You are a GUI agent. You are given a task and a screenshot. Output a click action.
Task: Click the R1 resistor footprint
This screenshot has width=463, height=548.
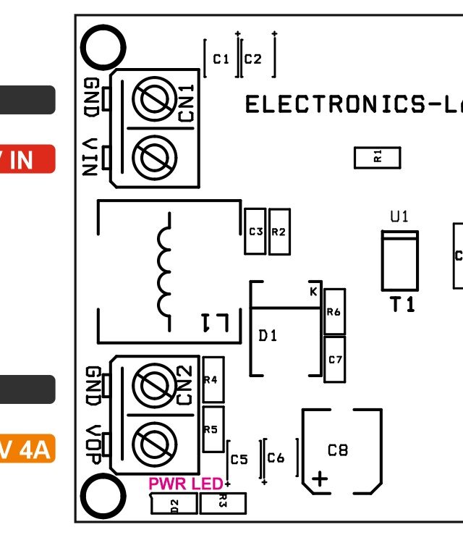pyautogui.click(x=377, y=158)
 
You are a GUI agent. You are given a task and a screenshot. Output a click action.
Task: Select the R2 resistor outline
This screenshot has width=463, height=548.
pyautogui.click(x=279, y=232)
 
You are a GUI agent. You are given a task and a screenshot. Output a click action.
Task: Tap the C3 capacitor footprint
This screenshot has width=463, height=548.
pyautogui.click(x=255, y=232)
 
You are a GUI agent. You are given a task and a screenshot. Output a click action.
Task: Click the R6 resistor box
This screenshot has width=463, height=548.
pyautogui.click(x=334, y=311)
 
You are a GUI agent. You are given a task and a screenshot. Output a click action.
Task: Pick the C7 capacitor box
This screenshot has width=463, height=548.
pyautogui.click(x=334, y=359)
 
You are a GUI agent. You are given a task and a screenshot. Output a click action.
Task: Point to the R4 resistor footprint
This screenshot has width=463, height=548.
pyautogui.click(x=211, y=379)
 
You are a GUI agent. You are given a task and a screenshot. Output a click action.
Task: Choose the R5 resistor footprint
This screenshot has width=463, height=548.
pyautogui.click(x=211, y=429)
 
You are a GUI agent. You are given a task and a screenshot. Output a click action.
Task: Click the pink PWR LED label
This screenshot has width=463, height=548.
pyautogui.click(x=185, y=484)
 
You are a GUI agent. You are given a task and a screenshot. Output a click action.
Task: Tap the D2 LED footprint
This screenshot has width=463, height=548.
pyautogui.click(x=174, y=504)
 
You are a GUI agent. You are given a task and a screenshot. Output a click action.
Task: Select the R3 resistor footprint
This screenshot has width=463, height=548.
pyautogui.click(x=223, y=503)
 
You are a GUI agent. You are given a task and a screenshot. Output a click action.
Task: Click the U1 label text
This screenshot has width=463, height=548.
pyautogui.click(x=399, y=216)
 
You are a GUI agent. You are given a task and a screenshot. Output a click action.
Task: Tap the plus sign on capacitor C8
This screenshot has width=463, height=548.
pyautogui.click(x=319, y=479)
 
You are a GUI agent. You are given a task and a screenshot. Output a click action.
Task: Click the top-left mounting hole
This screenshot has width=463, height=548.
pyautogui.click(x=103, y=49)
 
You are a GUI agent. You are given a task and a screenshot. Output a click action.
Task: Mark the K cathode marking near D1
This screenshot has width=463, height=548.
pyautogui.click(x=313, y=292)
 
